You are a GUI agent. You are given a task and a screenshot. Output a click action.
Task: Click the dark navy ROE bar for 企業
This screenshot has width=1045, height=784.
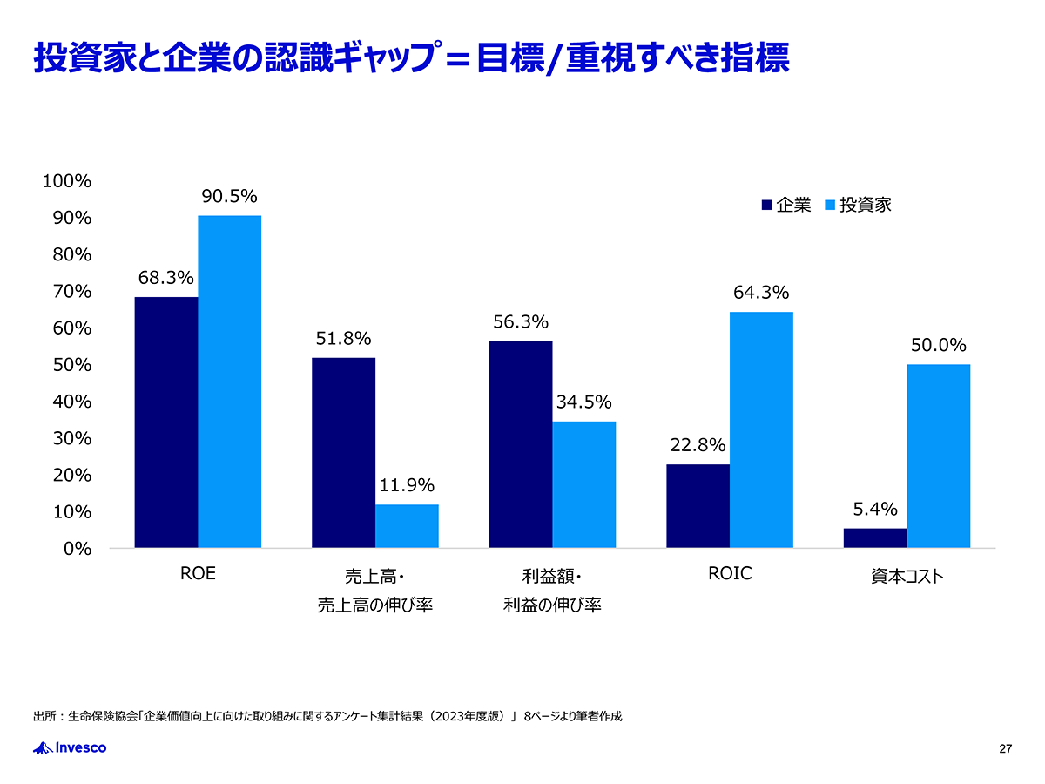[166, 422]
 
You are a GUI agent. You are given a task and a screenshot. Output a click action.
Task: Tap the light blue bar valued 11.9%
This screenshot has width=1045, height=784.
[407, 526]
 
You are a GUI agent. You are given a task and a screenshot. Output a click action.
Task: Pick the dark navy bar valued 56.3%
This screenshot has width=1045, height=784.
[521, 444]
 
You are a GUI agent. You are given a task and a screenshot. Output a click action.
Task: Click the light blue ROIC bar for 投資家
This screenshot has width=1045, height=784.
[761, 429]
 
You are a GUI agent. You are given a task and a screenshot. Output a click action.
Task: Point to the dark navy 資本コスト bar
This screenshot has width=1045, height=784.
[875, 537]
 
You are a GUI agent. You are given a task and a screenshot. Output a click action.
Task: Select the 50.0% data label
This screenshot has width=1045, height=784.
[939, 346]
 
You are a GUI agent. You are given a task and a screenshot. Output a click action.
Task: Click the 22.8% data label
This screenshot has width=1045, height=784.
[698, 446]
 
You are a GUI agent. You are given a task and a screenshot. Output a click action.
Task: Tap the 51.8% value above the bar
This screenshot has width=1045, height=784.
[343, 339]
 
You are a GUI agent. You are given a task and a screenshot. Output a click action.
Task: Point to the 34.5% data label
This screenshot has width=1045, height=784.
[583, 402]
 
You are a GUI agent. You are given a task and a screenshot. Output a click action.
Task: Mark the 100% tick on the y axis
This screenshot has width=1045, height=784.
[68, 181]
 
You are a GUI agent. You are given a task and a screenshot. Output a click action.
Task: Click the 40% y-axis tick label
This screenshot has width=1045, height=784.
[72, 402]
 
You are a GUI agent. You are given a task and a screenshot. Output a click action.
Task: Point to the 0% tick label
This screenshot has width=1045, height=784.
[77, 549]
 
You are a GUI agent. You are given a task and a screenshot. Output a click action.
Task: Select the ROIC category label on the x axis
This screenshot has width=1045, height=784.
[729, 575]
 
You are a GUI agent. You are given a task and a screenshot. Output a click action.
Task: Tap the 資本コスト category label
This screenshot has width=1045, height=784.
[907, 577]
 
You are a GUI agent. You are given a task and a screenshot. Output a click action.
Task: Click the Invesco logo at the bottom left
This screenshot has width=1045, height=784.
[70, 747]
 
